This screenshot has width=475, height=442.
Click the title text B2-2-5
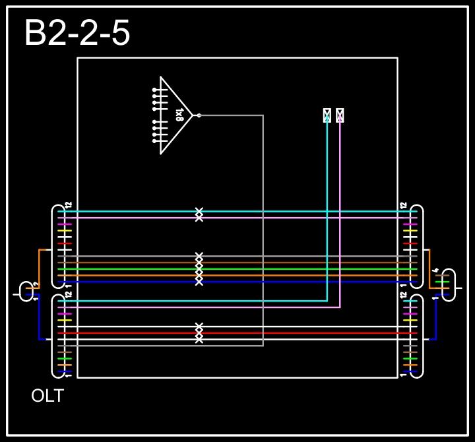click(77, 33)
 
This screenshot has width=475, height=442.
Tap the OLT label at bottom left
click(47, 396)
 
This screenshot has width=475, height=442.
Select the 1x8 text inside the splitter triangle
click(179, 115)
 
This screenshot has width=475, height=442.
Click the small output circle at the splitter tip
click(199, 115)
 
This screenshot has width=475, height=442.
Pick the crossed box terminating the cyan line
click(327, 115)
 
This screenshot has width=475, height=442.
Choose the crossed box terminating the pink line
click(340, 115)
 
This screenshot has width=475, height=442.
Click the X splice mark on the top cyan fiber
click(199, 212)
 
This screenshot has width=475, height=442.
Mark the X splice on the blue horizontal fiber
click(199, 282)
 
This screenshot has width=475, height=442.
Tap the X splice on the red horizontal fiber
click(199, 333)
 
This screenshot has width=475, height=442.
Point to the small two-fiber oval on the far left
click(27, 290)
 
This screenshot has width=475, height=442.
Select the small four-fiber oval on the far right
click(449, 284)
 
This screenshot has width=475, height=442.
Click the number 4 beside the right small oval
click(435, 270)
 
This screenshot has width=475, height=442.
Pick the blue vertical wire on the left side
click(40, 317)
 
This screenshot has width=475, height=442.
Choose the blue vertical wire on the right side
click(435, 317)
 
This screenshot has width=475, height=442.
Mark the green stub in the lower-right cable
click(410, 359)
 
